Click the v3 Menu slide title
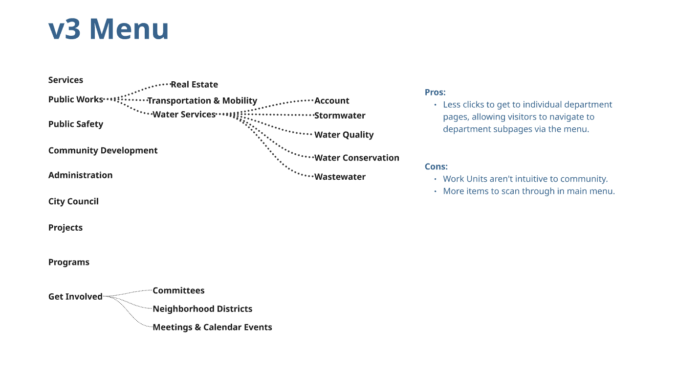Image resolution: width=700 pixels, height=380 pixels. point(109,29)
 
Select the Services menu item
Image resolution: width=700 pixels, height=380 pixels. point(66,80)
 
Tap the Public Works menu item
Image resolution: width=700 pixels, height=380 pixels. point(75,99)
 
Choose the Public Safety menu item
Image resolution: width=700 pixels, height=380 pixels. point(75,124)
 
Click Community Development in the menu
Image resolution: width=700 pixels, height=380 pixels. point(103,150)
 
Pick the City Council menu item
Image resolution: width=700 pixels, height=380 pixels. point(73,201)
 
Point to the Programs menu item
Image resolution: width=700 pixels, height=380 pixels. point(68,262)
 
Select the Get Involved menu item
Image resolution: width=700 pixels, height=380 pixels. point(75,296)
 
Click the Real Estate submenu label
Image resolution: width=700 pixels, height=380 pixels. point(194,84)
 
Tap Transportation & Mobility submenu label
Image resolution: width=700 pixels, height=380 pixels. point(202,100)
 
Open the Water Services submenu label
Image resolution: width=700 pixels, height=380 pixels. point(184,114)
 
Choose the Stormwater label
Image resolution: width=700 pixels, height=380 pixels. point(340,116)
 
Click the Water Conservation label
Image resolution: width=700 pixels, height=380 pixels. point(356,158)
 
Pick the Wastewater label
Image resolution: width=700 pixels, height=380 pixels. point(340,177)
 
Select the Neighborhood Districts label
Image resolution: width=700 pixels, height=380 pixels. point(202,309)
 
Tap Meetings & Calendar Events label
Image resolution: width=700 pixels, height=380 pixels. point(212,327)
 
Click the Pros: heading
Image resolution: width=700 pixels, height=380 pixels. point(435,92)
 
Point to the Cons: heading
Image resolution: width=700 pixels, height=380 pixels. point(436,166)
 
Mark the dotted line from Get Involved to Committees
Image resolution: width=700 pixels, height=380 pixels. point(128,292)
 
